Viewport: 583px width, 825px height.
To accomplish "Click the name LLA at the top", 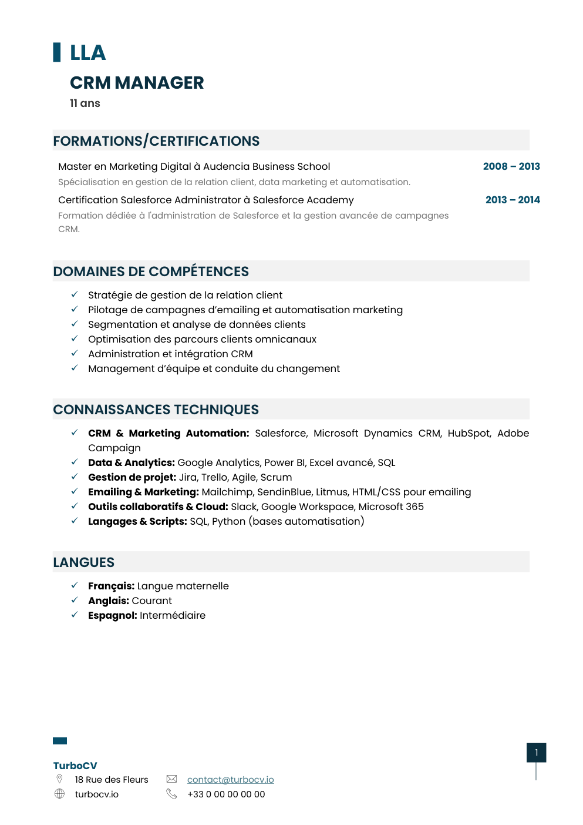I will [x=87, y=53].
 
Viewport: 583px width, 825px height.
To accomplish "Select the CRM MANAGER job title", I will [x=137, y=83].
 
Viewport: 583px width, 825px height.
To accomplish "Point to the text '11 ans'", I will [x=85, y=103].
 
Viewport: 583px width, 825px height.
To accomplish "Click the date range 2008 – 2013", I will [x=511, y=166].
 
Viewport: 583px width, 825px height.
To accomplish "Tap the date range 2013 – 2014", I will [x=512, y=200].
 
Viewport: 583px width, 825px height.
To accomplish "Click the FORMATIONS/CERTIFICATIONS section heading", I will [x=156, y=141].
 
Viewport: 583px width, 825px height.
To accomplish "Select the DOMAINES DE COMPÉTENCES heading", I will [x=151, y=271].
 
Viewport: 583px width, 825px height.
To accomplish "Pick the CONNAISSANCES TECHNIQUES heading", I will [x=156, y=410].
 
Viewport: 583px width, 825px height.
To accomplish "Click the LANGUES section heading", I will [x=84, y=562].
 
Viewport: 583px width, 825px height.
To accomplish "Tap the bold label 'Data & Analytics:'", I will [x=132, y=462].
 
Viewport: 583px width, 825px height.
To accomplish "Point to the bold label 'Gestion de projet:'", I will [x=132, y=477].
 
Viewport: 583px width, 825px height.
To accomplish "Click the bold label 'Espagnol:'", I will [x=113, y=615].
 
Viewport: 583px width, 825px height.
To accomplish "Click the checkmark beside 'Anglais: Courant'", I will [x=75, y=600].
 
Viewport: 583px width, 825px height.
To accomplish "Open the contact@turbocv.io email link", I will [x=230, y=780].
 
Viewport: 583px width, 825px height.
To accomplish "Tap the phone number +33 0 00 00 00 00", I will [x=226, y=794].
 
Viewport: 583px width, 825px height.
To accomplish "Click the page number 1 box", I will [x=536, y=753].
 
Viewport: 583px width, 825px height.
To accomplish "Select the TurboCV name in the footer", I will [x=75, y=766].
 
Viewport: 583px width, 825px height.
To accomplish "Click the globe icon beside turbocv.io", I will [x=59, y=794].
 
